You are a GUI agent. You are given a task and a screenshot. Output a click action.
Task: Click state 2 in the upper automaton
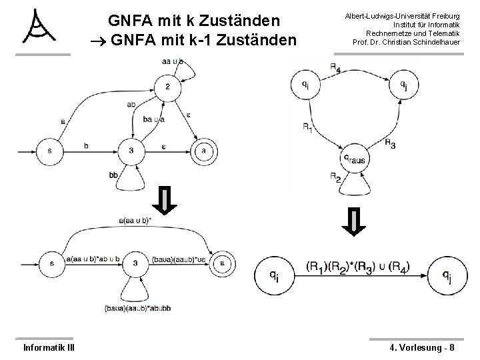167,87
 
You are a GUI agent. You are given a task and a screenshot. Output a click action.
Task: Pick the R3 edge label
391,144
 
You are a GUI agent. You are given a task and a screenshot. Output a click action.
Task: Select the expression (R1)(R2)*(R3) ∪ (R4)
357,267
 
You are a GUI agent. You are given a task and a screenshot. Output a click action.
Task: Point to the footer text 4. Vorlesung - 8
423,347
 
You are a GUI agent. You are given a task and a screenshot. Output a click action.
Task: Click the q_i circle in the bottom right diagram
275,273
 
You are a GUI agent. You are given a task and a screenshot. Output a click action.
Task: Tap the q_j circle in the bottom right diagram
446,273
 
